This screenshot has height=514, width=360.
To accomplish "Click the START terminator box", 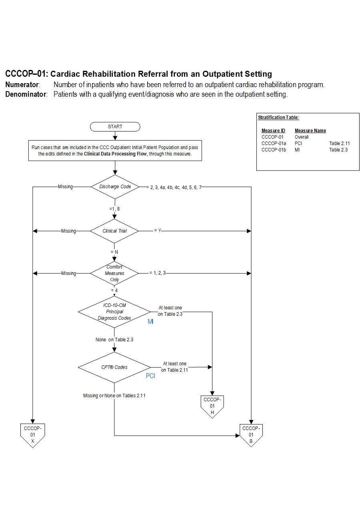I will pos(115,127).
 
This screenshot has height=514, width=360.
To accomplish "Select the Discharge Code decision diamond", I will pos(115,187).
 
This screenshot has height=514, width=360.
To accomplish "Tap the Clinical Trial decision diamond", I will pos(114,231).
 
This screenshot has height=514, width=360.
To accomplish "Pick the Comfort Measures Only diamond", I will pos(114,273).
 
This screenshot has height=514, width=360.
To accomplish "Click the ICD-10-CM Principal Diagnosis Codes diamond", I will pos(114,312).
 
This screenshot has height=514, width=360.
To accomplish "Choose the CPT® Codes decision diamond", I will pos(114,367).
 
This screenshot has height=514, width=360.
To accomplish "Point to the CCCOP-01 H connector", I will pos(212,406).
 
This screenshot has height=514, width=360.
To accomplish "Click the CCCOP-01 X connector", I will pos(32,434).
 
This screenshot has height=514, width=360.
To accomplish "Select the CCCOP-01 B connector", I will pos(251,434).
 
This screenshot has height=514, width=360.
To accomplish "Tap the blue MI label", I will pos(150,322).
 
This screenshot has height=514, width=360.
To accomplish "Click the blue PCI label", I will pos(150,376).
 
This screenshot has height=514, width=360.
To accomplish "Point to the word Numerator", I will pos(22,85).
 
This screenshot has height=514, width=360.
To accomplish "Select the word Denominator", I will pos(26,95).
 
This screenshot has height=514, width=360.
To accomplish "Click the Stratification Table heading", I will pos(278,118).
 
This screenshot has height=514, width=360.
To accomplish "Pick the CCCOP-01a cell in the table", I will pos(274,143).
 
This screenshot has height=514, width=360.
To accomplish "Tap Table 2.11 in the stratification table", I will pos(339,143).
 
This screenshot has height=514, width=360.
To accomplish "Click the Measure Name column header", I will pos(310,131).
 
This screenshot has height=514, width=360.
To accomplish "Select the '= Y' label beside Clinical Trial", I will pos(158,231).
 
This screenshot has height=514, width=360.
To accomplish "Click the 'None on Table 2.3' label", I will pos(114,340).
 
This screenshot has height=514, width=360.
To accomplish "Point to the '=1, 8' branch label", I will pos(114,209).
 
